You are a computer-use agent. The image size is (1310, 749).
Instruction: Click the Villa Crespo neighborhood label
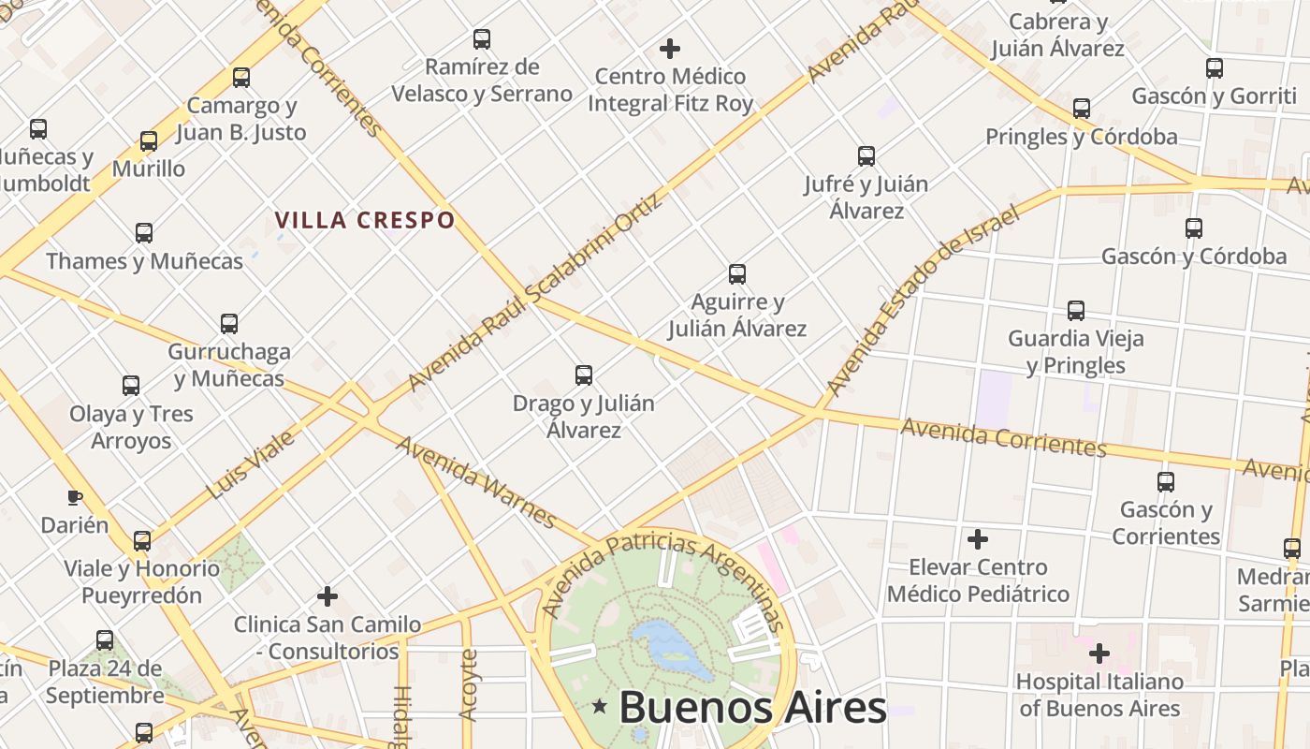(x=365, y=220)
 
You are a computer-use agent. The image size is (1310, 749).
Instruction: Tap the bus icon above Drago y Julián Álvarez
(x=584, y=375)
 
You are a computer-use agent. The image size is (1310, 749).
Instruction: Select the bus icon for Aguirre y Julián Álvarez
(x=737, y=273)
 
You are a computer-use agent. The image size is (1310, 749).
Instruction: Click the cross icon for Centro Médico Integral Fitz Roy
(x=670, y=48)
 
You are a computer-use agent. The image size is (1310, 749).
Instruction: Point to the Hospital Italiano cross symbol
(x=1099, y=653)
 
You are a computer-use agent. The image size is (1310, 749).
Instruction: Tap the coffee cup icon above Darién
(x=75, y=497)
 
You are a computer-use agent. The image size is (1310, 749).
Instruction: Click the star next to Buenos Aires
(x=599, y=705)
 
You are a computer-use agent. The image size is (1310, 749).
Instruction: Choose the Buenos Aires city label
(x=752, y=707)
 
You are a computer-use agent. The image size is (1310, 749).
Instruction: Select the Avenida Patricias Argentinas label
(x=664, y=571)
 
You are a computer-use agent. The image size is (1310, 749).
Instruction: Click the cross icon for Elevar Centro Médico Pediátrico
(x=978, y=539)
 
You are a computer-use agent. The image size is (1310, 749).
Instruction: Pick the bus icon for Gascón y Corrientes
(x=1166, y=482)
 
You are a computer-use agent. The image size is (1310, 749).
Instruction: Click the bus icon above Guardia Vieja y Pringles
(x=1076, y=310)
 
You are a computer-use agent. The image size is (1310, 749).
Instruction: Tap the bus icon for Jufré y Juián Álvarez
(x=866, y=155)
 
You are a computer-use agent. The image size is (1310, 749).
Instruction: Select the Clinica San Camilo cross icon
(x=327, y=595)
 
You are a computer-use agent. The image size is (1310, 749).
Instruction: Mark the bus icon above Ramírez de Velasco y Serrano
(x=482, y=39)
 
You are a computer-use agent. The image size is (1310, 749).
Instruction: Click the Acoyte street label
(x=469, y=684)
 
